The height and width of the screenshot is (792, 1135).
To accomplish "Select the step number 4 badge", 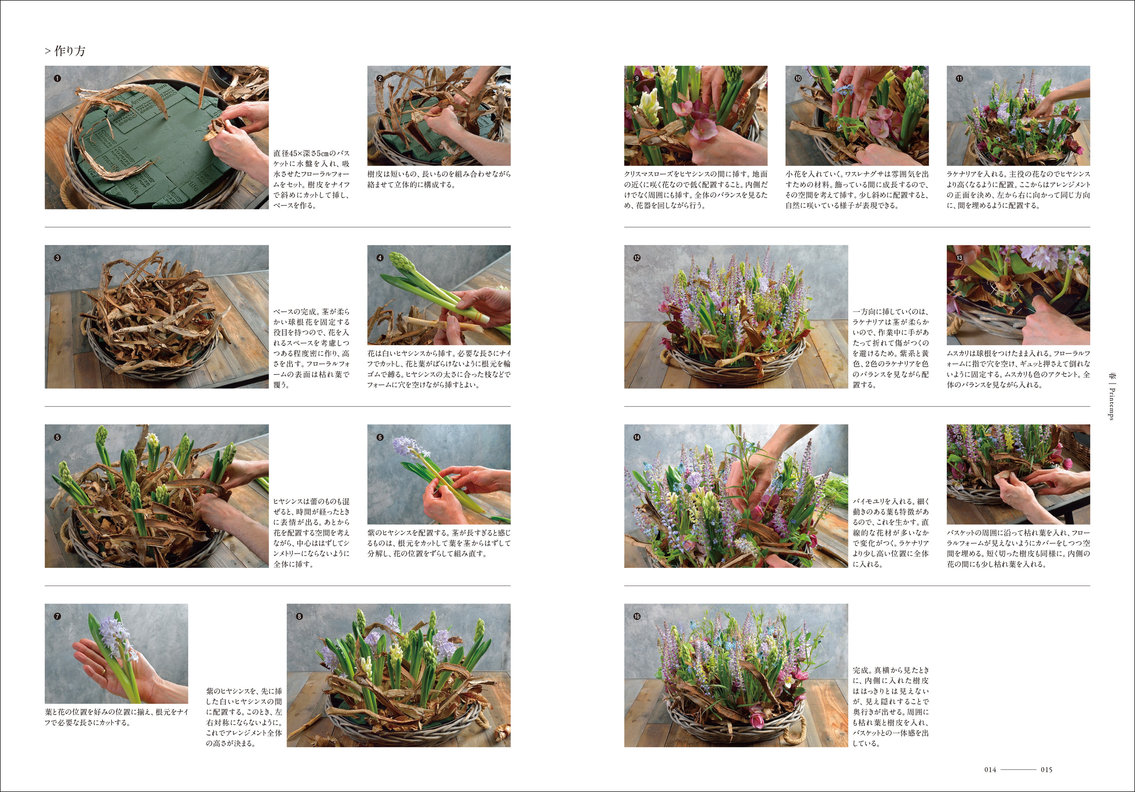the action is pos(380,258).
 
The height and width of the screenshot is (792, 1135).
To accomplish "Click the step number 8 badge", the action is pos(299,616).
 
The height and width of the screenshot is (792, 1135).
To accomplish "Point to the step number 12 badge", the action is pos(637,258).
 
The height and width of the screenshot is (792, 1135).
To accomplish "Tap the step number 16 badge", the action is pos(637,616).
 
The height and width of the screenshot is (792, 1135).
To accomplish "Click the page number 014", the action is pos(990,770).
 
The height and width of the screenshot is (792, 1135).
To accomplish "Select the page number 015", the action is pos(1047,770).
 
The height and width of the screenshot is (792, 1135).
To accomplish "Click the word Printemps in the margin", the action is pos(1111,404).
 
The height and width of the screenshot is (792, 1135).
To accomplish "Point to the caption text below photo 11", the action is pos(1018,190).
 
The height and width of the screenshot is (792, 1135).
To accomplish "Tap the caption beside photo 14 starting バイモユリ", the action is pos(891,533).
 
